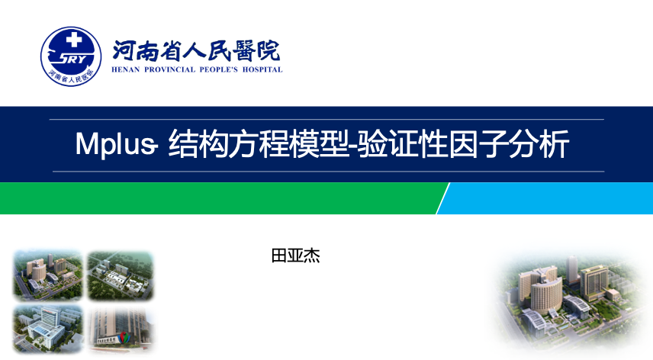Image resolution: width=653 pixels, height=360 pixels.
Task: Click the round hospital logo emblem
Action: [x=71, y=56]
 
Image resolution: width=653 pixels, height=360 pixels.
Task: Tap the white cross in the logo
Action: [x=74, y=40]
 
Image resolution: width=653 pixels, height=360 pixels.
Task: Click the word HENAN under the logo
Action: [x=125, y=69]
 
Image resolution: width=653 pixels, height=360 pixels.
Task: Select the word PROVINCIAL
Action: [x=169, y=69]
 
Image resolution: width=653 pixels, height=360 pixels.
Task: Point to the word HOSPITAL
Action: [x=262, y=69]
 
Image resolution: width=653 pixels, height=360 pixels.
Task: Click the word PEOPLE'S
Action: [x=219, y=69]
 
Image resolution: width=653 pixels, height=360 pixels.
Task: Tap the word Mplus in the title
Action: [x=115, y=144]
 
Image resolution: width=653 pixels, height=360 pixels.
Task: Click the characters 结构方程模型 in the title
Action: [x=259, y=144]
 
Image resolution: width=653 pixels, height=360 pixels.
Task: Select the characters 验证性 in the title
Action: [x=403, y=144]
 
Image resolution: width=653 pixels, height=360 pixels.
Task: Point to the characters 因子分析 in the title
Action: [x=509, y=144]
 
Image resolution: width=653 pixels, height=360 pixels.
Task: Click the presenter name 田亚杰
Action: [x=296, y=256]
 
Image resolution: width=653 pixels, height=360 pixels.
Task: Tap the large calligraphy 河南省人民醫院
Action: [x=196, y=51]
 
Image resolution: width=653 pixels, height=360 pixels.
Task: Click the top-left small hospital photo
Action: [x=47, y=275]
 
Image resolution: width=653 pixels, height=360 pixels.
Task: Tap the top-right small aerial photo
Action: [x=121, y=275]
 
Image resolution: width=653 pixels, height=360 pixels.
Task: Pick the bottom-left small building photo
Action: [x=47, y=329]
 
